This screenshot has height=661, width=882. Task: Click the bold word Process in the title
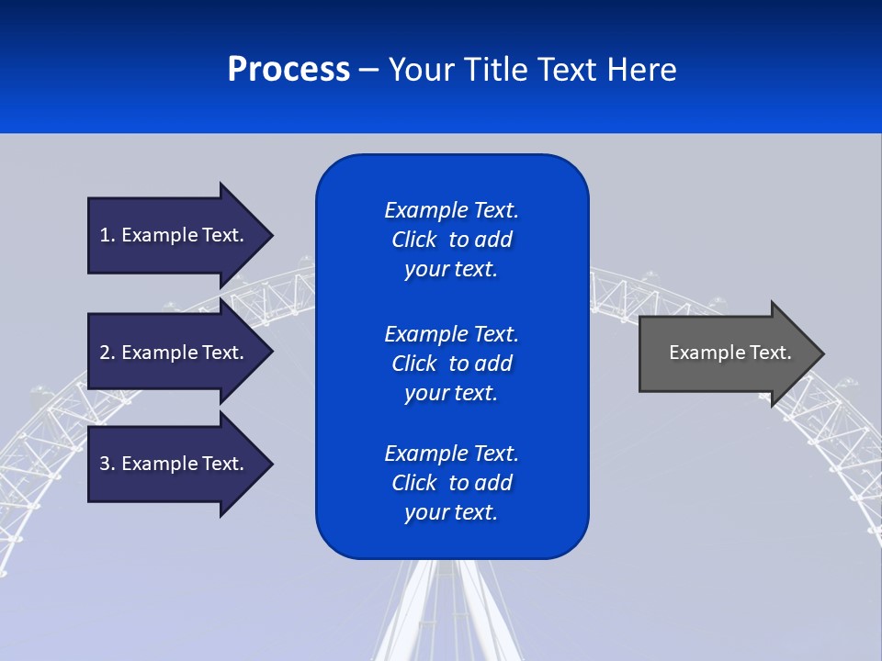288,70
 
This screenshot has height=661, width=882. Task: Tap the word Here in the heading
641,70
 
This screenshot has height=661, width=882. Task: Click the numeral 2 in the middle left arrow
105,353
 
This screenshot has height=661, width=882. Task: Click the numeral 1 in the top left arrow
105,235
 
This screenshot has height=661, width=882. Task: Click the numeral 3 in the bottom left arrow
105,464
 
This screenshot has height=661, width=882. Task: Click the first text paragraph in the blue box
451,240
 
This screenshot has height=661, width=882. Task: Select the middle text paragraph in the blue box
451,364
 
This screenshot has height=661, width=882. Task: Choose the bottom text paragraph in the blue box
451,483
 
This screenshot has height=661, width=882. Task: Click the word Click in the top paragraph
413,240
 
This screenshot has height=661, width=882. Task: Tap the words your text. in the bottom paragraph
451,512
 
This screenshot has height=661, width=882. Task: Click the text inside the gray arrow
729,353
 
